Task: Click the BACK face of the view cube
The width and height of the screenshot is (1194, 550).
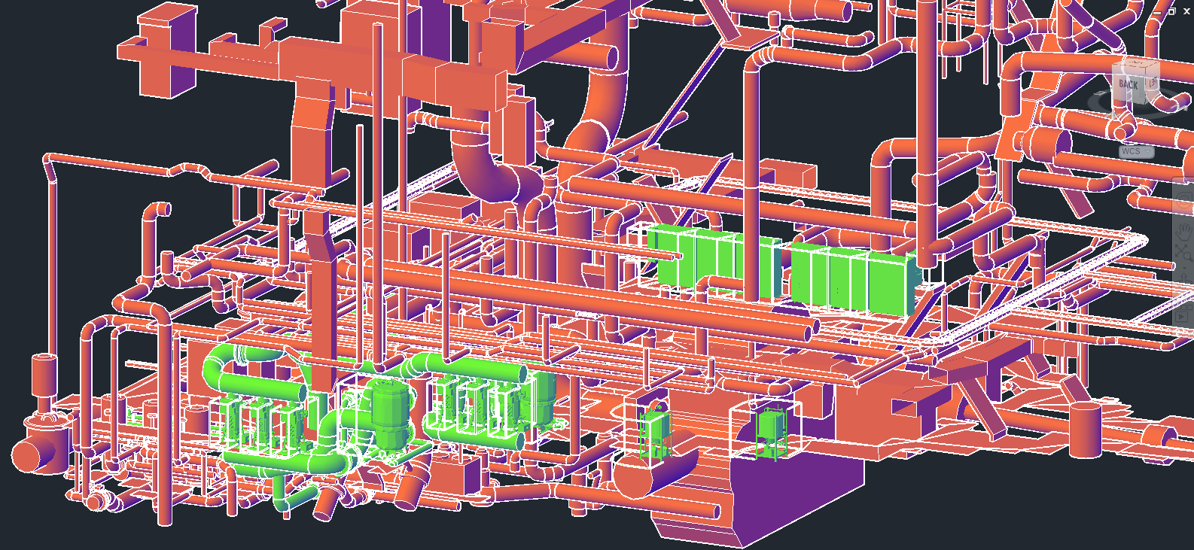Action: (x=1128, y=84)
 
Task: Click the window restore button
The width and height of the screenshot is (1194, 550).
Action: (x=1172, y=11)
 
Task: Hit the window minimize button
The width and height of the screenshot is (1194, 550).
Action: (x=1157, y=11)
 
